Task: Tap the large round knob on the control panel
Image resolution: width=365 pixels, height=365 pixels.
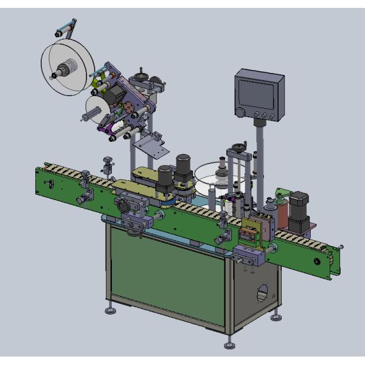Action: point(242,112)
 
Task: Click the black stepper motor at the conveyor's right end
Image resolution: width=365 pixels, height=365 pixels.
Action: point(299,210)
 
